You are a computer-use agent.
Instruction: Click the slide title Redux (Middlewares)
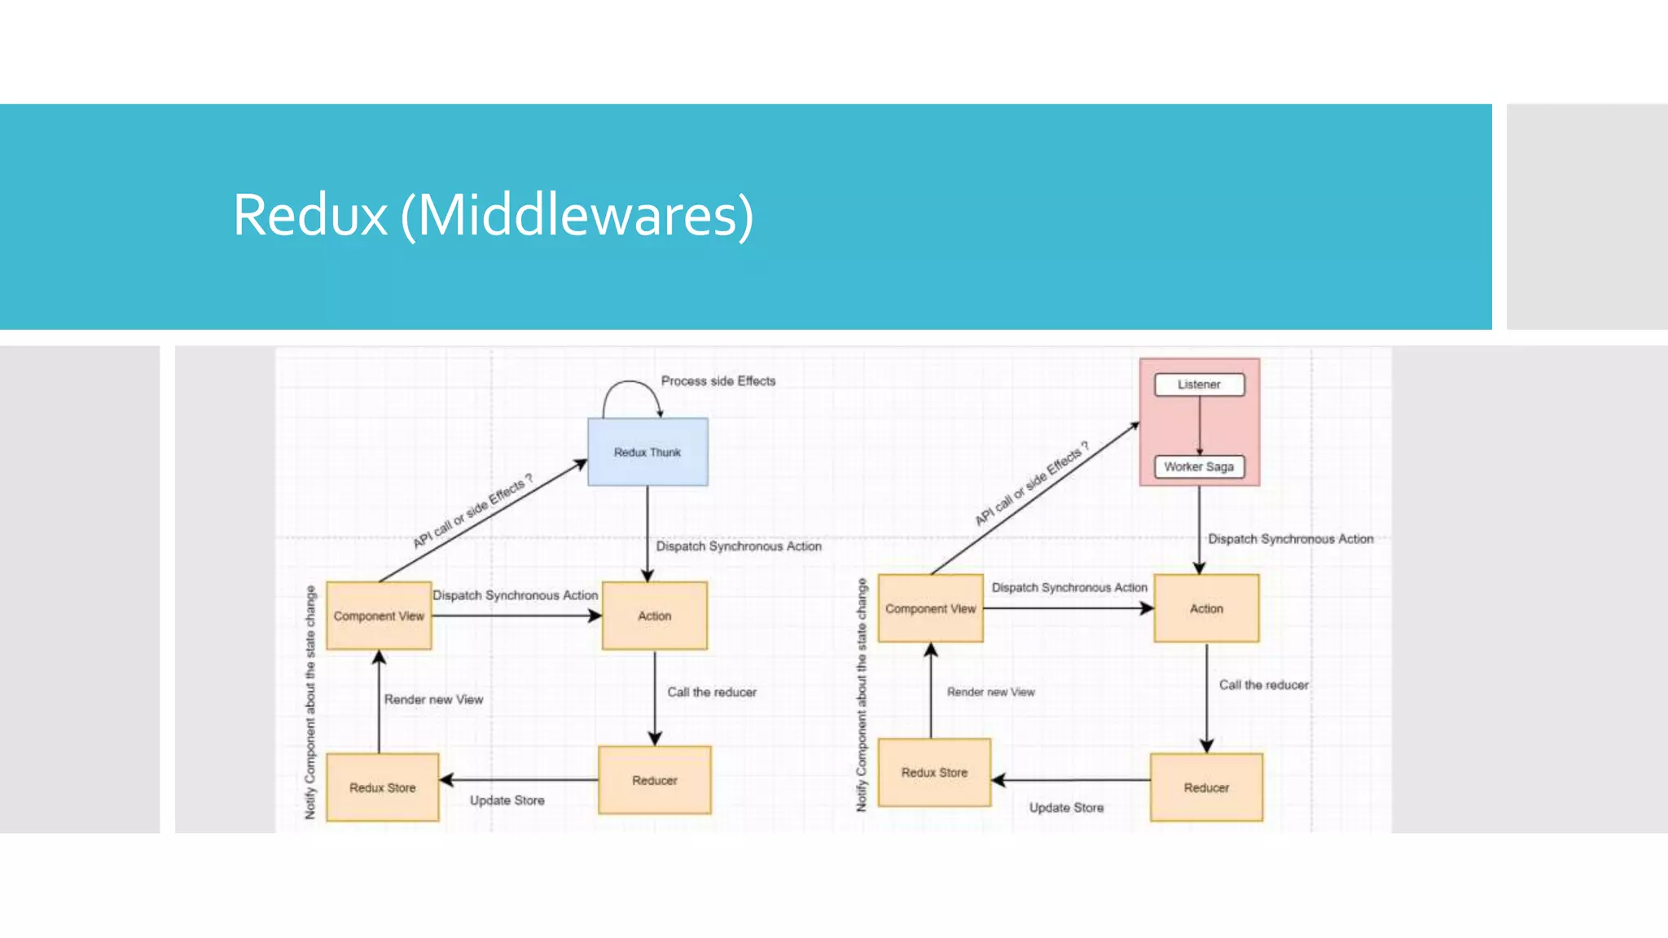[493, 215]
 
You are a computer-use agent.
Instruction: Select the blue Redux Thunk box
[647, 452]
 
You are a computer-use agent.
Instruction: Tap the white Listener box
[1199, 384]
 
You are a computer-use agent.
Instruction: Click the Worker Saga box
[1199, 467]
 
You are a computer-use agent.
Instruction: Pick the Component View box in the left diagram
[379, 616]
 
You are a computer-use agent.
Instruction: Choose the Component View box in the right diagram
[930, 608]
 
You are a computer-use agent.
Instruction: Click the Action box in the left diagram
[655, 616]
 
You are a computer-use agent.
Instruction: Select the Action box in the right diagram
[1206, 608]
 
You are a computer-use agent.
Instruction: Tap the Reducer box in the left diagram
[655, 780]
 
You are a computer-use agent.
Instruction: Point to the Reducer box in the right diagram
[1206, 787]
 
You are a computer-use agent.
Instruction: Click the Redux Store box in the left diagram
[382, 787]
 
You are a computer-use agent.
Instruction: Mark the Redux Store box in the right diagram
[934, 772]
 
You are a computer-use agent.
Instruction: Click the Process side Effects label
[718, 381]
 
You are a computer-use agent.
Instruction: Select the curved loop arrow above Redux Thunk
[631, 383]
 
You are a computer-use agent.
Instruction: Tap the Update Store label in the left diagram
[507, 800]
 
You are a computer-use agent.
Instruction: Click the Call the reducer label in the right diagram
[1263, 685]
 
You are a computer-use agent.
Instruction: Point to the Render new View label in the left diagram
[433, 699]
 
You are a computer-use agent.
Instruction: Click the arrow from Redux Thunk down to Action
[647, 529]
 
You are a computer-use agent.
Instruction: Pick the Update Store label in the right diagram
[1066, 808]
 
